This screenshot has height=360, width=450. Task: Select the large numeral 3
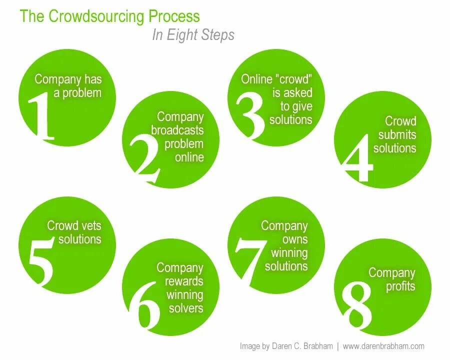coord(250,114)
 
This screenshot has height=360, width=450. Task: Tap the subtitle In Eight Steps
coord(193,35)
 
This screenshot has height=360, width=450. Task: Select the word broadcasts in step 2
coord(177,130)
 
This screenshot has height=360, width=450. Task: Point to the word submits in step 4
coord(397,134)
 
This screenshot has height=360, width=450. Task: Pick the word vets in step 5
coord(91,226)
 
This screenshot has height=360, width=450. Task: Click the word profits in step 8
coord(400,286)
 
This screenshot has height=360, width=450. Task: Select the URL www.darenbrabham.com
coord(383,346)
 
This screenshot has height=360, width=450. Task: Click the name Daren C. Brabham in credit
coord(303,346)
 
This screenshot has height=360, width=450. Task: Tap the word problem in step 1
coord(81,92)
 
